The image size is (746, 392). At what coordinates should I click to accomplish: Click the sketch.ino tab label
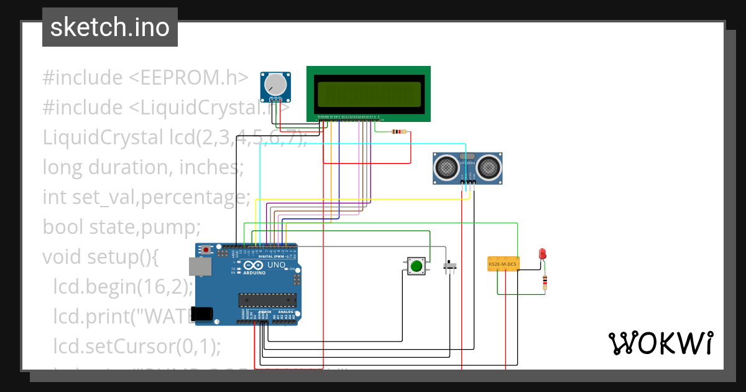pyautogui.click(x=109, y=27)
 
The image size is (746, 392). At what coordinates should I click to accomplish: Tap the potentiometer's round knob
pyautogui.click(x=274, y=85)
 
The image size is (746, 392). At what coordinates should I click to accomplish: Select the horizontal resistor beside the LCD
pyautogui.click(x=398, y=131)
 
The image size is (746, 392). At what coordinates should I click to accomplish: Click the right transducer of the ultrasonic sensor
pyautogui.click(x=489, y=167)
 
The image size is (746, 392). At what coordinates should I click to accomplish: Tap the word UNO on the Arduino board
pyautogui.click(x=276, y=265)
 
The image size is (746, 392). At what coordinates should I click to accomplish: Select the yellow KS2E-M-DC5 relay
pyautogui.click(x=503, y=264)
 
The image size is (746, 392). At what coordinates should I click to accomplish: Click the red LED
pyautogui.click(x=542, y=253)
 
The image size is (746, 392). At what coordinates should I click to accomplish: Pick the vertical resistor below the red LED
pyautogui.click(x=545, y=282)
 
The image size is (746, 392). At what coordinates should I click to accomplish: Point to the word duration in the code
pyautogui.click(x=127, y=167)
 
